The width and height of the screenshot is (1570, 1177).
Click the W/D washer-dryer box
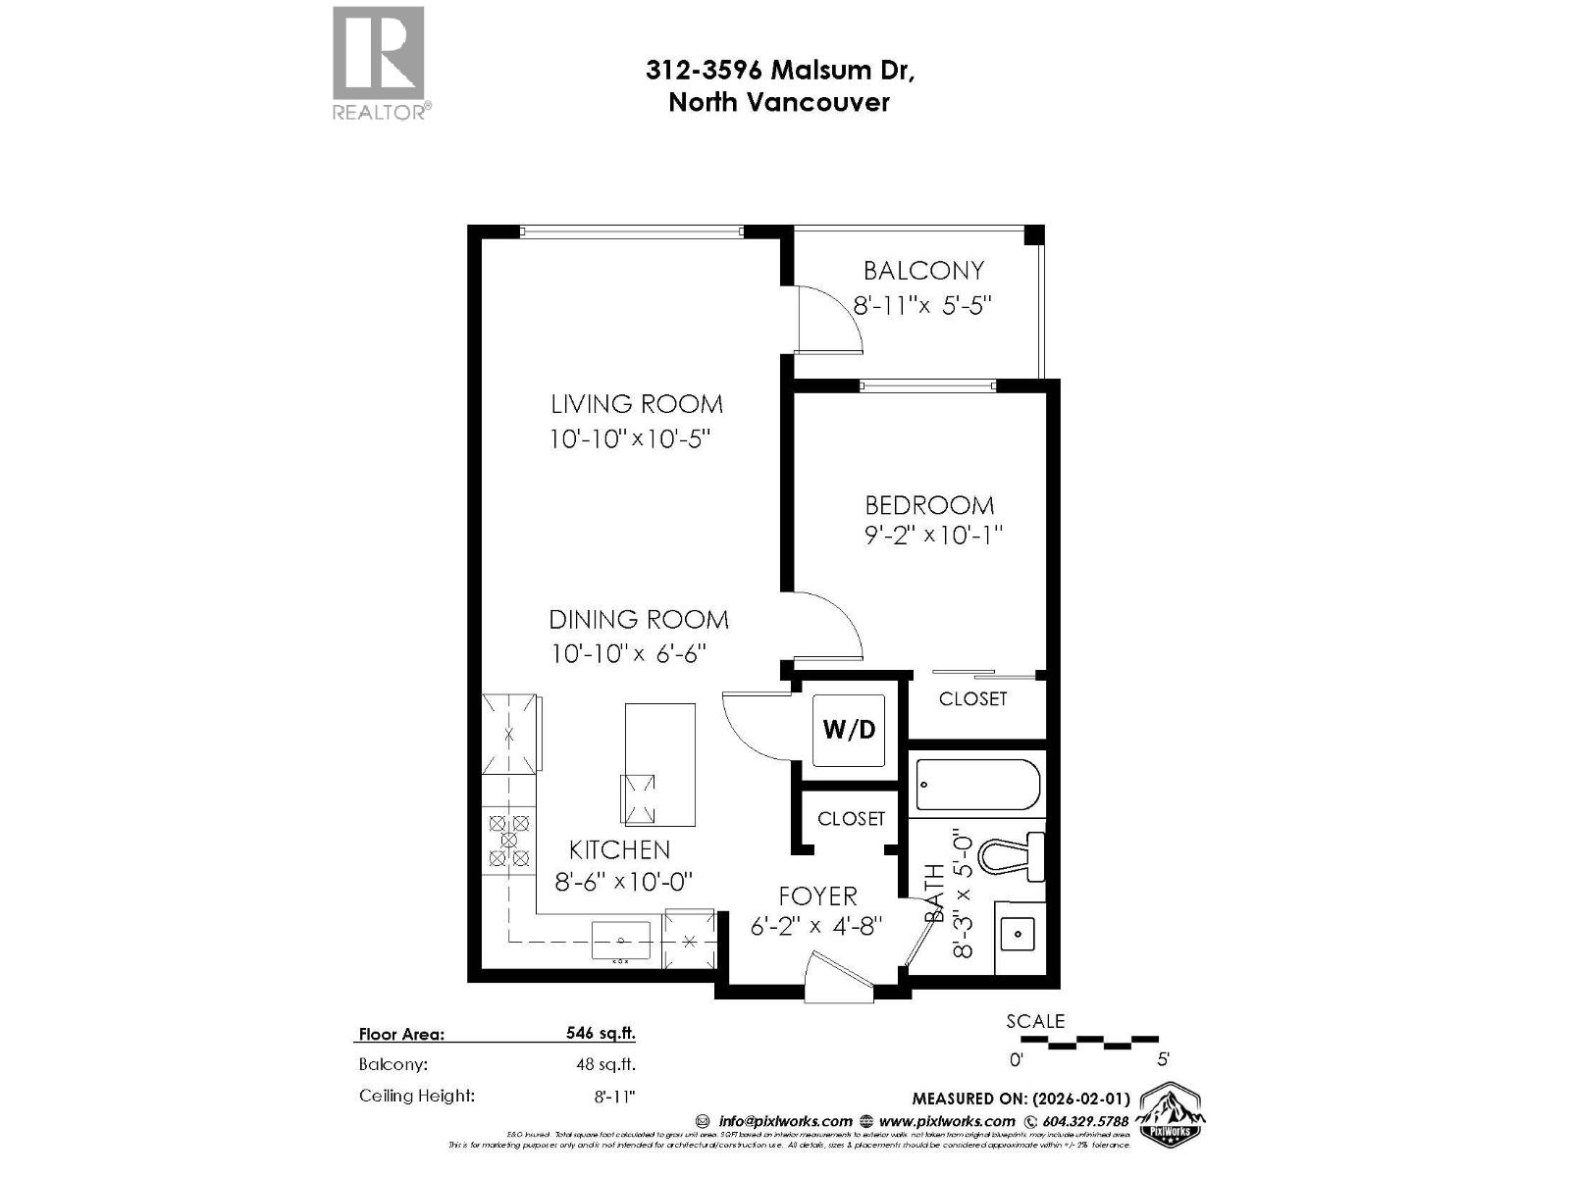pyautogui.click(x=849, y=730)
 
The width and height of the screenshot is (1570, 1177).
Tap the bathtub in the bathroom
pyautogui.click(x=977, y=785)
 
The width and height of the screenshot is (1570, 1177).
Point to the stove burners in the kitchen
pyautogui.click(x=509, y=841)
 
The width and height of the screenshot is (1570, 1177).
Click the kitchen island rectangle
pyautogui.click(x=659, y=764)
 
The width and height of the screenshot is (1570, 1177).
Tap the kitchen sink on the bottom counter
pyautogui.click(x=620, y=941)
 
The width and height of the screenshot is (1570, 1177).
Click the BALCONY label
pyautogui.click(x=922, y=271)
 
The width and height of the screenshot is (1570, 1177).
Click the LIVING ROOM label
pyautogui.click(x=636, y=404)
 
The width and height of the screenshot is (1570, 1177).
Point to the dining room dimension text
pyautogui.click(x=628, y=653)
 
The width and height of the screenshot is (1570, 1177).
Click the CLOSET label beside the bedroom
pyautogui.click(x=972, y=698)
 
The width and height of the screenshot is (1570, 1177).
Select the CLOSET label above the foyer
pyautogui.click(x=851, y=818)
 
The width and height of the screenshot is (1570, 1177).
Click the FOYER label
pyautogui.click(x=817, y=896)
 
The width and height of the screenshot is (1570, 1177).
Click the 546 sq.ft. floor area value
pyautogui.click(x=601, y=1033)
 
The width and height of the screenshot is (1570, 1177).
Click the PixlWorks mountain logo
pyautogui.click(x=1170, y=1114)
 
